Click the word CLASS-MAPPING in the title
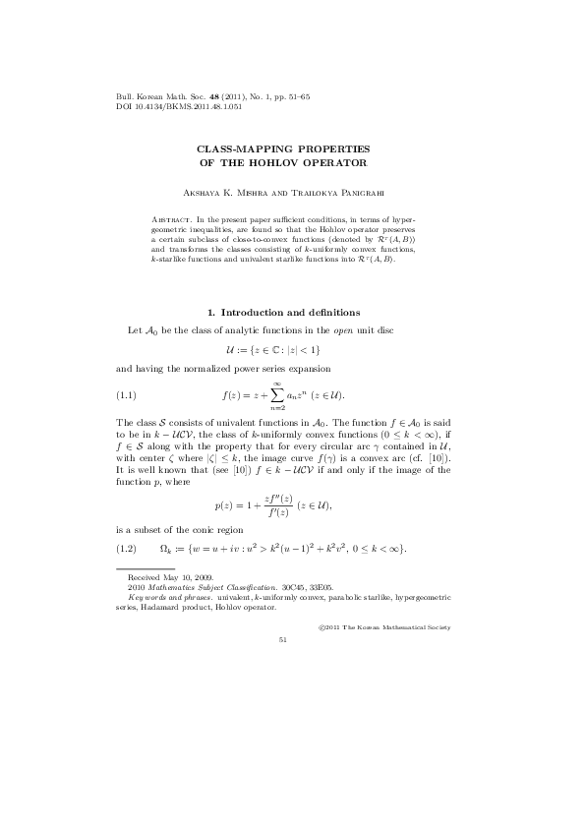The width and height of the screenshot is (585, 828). (x=242, y=147)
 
